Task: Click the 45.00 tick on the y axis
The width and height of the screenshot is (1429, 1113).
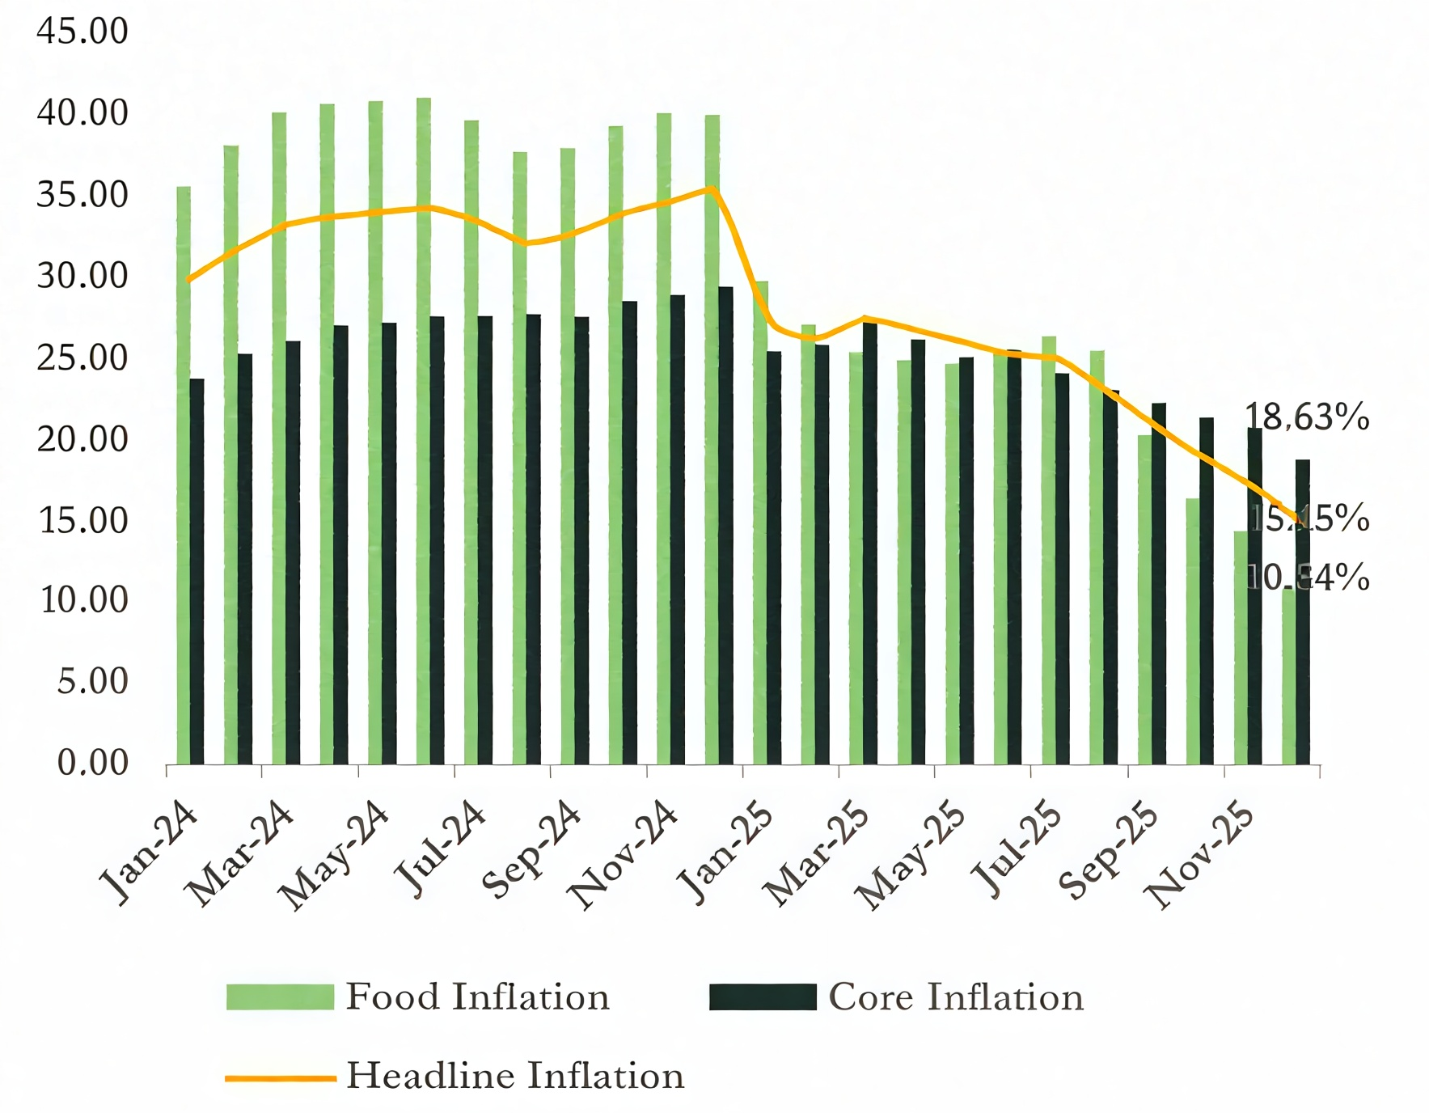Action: click(82, 32)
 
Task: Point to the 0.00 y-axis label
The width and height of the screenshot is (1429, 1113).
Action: click(92, 763)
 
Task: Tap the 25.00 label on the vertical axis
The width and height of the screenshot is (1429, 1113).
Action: click(82, 358)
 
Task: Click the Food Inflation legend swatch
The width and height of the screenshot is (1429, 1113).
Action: click(280, 997)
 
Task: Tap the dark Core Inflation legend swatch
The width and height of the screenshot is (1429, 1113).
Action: click(763, 997)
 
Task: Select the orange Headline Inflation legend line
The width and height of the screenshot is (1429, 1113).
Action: click(280, 1077)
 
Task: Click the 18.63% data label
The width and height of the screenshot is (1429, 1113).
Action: click(1306, 417)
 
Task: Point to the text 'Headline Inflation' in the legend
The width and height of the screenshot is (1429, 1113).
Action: click(515, 1077)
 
